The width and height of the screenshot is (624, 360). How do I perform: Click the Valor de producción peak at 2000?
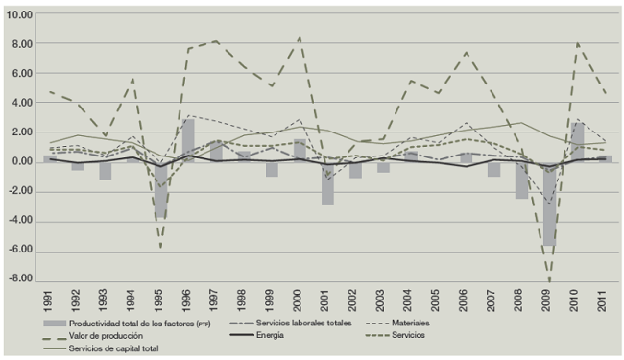click(300, 37)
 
